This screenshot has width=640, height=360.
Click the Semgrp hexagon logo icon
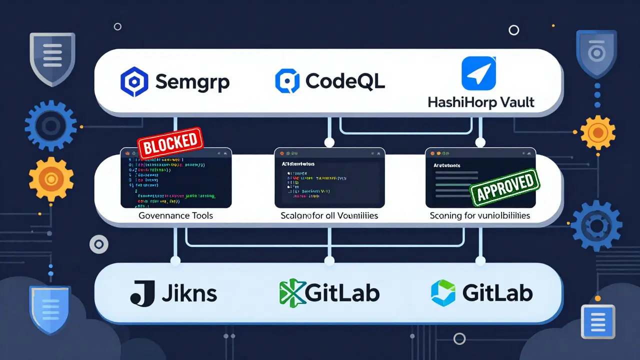(x=135, y=82)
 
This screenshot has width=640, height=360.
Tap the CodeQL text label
(x=345, y=81)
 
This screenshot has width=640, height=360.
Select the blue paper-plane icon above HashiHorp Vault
(x=478, y=73)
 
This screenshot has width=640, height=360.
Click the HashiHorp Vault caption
(x=481, y=102)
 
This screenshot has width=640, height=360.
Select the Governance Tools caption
(x=175, y=216)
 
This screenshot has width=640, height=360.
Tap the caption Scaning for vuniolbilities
(x=480, y=216)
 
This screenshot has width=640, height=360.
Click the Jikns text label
(x=189, y=293)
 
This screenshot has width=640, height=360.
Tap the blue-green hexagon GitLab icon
(x=443, y=293)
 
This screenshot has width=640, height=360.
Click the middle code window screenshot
(x=329, y=177)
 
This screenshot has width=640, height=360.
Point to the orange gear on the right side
(x=596, y=132)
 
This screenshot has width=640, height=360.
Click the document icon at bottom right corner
(x=598, y=320)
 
